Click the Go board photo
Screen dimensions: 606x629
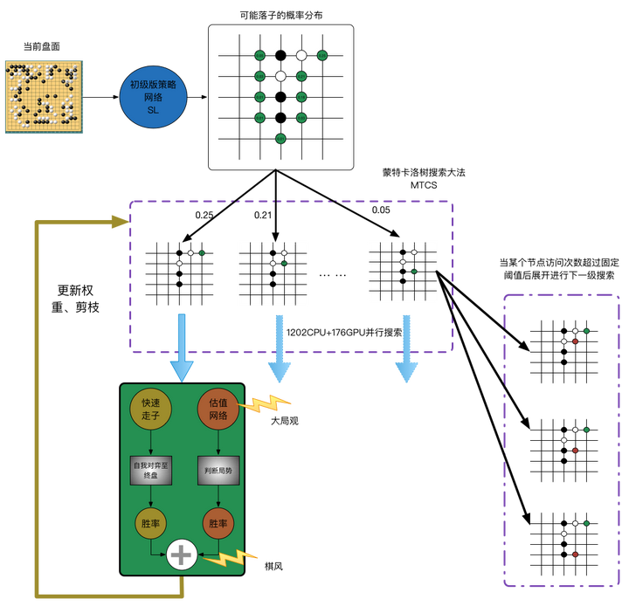45,96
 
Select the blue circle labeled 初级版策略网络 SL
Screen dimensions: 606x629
153,96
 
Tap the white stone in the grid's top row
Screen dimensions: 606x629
301,55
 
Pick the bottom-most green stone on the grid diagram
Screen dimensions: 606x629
280,138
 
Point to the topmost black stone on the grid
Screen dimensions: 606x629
280,55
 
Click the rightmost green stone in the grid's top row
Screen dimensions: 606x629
322,55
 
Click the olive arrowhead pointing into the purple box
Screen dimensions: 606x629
121,222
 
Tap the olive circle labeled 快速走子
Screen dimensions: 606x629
151,409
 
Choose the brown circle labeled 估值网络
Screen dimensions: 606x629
218,409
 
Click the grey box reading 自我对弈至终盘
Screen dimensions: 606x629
151,470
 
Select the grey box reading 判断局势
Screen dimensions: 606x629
218,470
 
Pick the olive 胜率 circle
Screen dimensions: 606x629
151,524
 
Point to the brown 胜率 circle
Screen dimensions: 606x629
218,524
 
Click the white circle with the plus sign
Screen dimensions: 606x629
183,554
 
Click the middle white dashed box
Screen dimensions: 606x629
273,274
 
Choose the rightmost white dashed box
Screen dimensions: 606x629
403,272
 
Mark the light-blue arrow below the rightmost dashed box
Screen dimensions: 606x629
406,349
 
